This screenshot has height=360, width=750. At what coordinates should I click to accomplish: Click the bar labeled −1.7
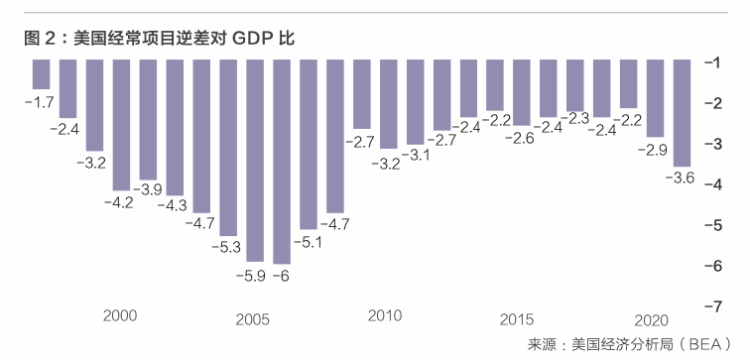coord(41,74)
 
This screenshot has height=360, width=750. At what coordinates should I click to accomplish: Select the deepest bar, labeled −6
coord(282,162)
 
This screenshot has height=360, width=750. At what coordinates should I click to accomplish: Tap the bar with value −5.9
coord(255,161)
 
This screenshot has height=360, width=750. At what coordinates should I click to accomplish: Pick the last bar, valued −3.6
coord(682,113)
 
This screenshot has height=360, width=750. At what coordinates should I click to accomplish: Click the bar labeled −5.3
coord(228,148)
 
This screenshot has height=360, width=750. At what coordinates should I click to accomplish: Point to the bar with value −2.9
coord(655,98)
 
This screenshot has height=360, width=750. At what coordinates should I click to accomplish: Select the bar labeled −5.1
coord(309,145)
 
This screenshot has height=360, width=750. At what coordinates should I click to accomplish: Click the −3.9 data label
coord(147,189)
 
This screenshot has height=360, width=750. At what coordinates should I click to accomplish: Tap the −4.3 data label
coord(174,205)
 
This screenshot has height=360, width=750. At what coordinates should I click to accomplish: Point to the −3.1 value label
coord(415,155)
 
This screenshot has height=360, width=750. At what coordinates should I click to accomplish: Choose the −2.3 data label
coord(574,118)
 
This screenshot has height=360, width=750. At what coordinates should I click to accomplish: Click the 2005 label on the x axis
coord(253,320)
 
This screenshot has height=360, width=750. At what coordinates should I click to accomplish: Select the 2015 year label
coord(517,319)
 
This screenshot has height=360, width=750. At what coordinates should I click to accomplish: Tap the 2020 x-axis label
coord(651,320)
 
